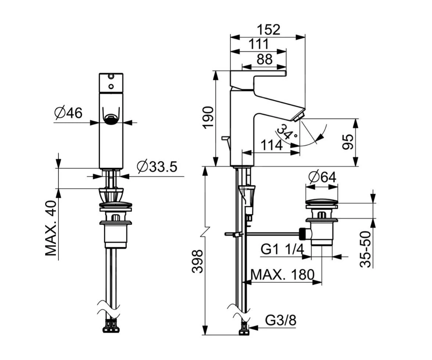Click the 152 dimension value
(x=267, y=30)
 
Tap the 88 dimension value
(x=264, y=59)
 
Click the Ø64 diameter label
(x=322, y=177)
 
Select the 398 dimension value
(x=198, y=261)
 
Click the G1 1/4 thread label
(x=282, y=250)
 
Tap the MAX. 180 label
(x=282, y=274)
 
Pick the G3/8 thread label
(x=281, y=320)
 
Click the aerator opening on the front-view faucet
(x=111, y=118)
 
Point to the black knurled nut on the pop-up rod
(x=303, y=232)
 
